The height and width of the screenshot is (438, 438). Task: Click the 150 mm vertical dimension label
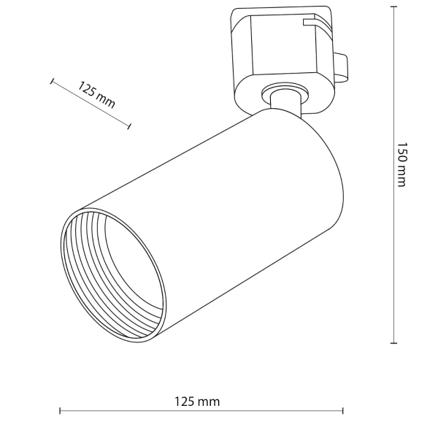tap(401, 164)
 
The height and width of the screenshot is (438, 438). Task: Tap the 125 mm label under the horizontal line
tap(198, 401)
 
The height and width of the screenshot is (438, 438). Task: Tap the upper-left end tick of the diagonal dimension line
tap(52, 82)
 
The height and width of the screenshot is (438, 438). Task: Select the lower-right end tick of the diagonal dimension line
tap(129, 126)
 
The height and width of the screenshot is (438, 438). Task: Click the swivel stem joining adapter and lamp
tap(285, 102)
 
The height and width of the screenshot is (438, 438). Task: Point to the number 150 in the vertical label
tap(401, 153)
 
